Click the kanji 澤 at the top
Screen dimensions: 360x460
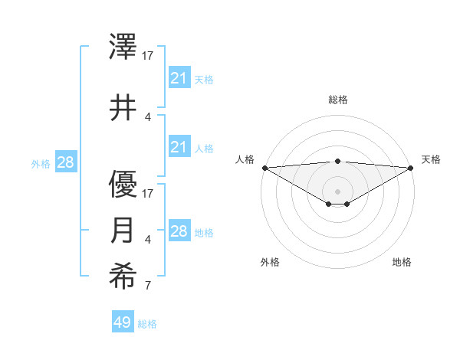click(x=123, y=47)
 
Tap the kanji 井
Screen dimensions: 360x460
click(x=123, y=108)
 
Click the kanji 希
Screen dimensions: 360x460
click(x=123, y=277)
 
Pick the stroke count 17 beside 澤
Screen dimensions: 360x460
click(x=148, y=55)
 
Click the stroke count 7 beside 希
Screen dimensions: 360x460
click(x=148, y=286)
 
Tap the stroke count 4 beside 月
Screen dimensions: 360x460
click(x=148, y=240)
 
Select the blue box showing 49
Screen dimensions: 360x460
click(x=123, y=322)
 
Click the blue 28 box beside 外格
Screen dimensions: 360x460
click(x=66, y=162)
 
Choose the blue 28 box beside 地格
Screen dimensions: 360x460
click(x=179, y=231)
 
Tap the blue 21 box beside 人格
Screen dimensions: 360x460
click(x=179, y=147)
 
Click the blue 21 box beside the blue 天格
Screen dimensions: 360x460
click(x=179, y=78)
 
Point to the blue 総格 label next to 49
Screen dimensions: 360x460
click(x=147, y=324)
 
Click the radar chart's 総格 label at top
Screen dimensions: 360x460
click(x=338, y=100)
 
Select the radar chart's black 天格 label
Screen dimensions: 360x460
click(x=431, y=159)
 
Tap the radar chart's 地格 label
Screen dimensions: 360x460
click(x=402, y=262)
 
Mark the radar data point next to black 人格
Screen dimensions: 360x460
click(x=264, y=168)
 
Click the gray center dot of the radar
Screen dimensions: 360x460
click(x=338, y=191)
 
